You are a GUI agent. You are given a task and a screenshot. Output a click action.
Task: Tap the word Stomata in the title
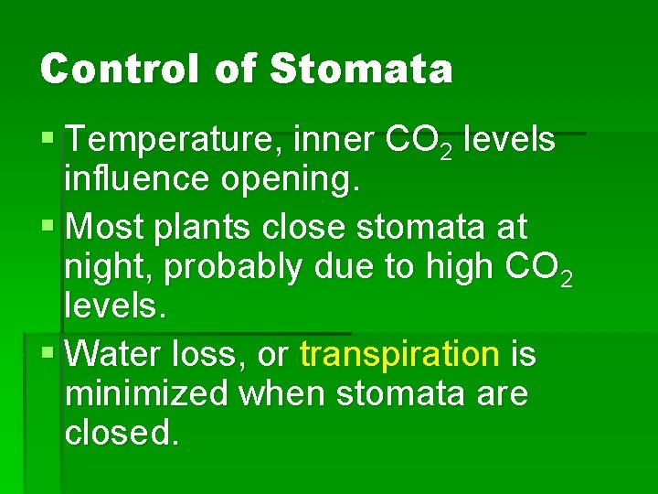(362, 69)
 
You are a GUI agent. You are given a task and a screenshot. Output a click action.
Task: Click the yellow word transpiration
(399, 355)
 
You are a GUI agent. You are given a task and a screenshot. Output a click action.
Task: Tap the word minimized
(147, 393)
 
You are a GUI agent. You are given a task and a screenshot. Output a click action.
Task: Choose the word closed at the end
(118, 433)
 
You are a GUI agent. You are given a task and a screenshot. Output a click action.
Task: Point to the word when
(283, 393)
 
